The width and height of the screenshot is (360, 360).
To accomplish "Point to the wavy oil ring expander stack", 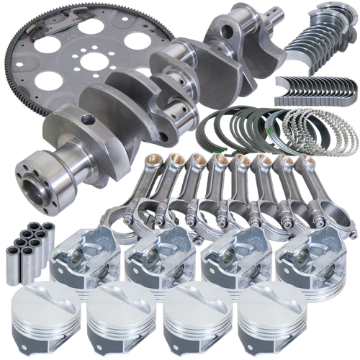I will (x=310, y=130).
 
